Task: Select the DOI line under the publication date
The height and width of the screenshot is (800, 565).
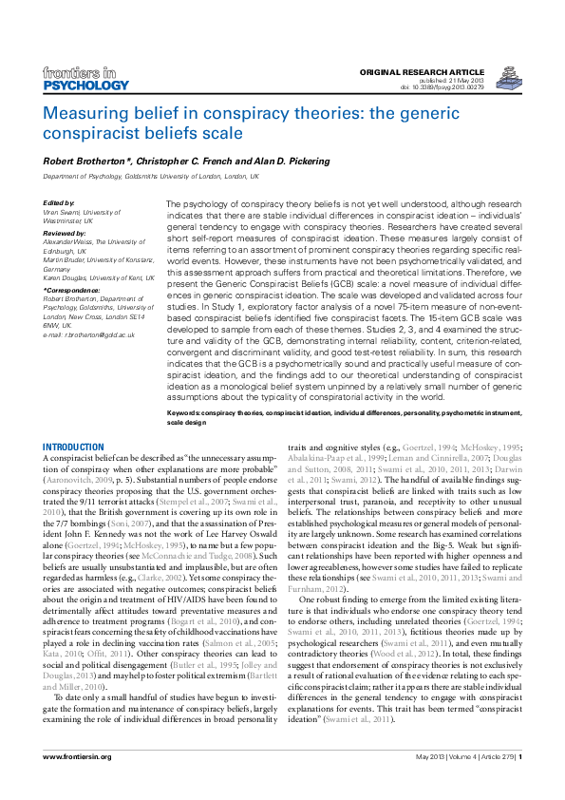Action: tap(468, 86)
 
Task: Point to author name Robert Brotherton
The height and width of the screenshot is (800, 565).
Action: tap(81, 162)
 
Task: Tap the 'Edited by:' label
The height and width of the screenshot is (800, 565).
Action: tap(59, 203)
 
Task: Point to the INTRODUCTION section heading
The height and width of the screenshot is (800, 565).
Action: tap(74, 447)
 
